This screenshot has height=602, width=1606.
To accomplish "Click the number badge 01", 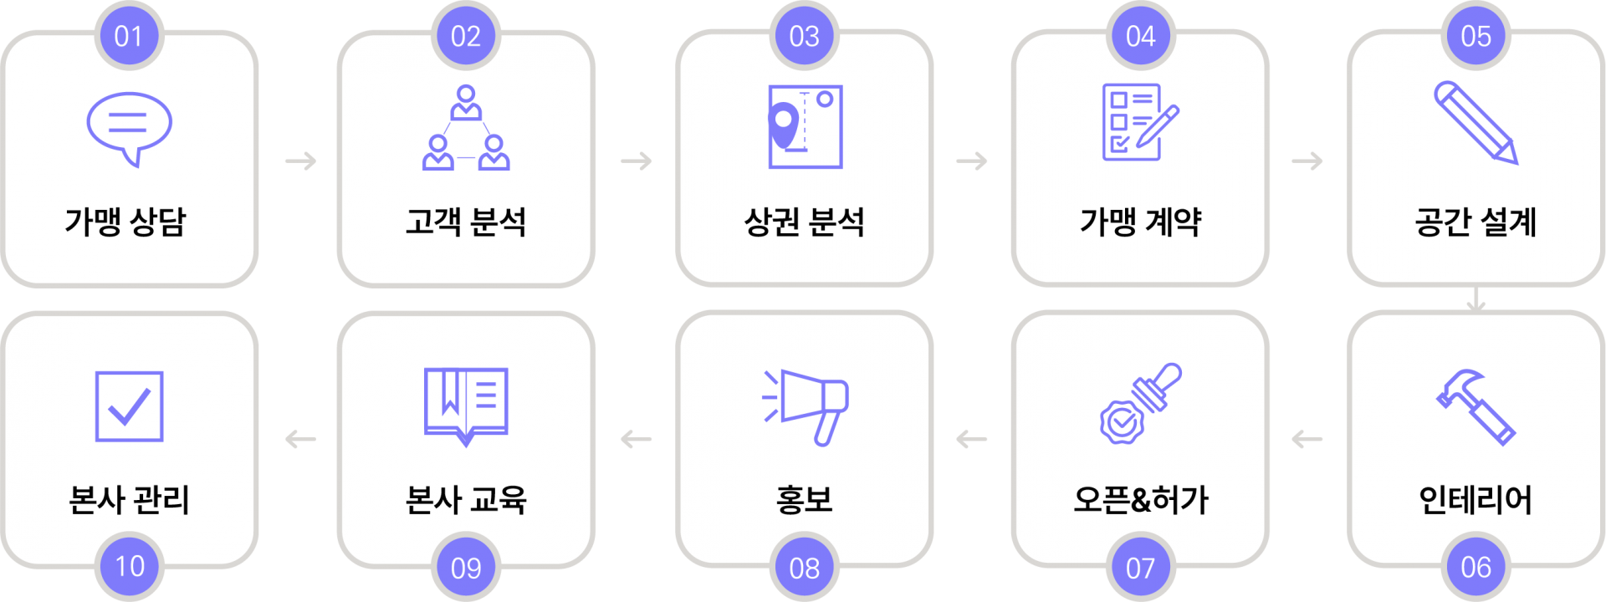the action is tap(129, 36).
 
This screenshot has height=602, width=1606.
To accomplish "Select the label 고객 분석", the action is tap(466, 222).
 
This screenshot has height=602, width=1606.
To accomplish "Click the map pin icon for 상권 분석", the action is tap(806, 126).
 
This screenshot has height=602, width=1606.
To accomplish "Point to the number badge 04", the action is tap(1141, 36).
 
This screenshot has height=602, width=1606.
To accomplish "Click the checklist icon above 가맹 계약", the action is tap(1140, 122).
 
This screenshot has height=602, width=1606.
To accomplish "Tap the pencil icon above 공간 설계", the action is tap(1476, 123).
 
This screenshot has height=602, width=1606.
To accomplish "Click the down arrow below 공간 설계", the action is tap(1476, 299).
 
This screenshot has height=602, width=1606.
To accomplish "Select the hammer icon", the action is tap(1476, 407).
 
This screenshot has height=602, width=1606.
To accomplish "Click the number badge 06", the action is tap(1476, 567).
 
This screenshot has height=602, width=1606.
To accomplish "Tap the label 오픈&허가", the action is tap(1141, 499).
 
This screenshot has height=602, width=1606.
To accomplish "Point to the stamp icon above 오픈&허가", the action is tap(1141, 404).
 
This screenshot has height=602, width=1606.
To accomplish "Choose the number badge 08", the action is tap(805, 567).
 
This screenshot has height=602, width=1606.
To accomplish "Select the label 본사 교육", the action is tap(466, 499).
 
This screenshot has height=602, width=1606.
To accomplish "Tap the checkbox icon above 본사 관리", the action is tap(130, 406).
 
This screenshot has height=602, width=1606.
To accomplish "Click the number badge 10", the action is tap(129, 567).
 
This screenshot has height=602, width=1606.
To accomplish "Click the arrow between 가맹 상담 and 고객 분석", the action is tap(301, 161).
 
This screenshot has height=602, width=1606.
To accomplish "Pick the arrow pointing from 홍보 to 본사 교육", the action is tap(636, 439).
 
